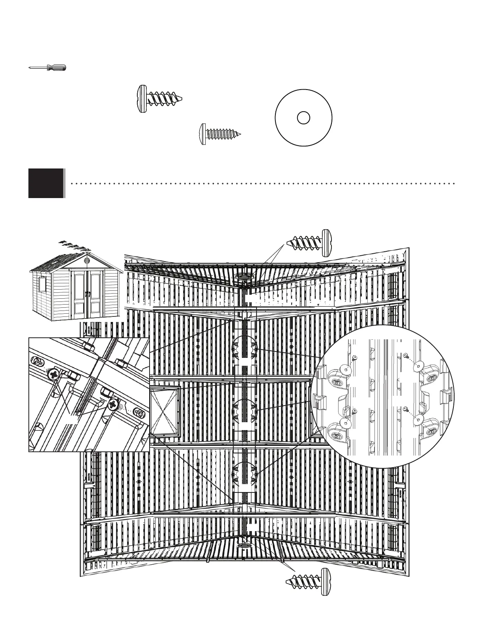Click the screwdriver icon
point(47,68)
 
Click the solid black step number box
point(46,183)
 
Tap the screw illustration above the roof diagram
point(310,242)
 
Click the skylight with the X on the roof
point(165,410)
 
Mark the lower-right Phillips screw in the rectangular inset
point(114,404)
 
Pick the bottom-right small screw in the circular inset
point(406,410)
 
